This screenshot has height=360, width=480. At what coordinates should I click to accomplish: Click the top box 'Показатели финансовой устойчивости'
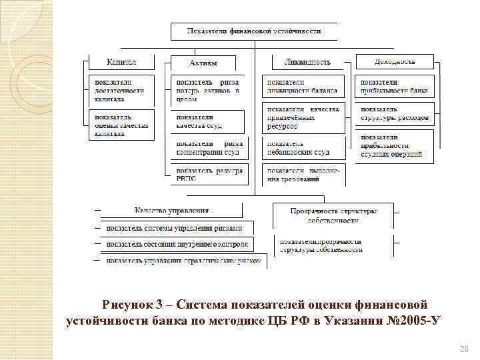[x=254, y=31]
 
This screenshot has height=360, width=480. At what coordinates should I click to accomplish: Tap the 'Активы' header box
[x=203, y=63]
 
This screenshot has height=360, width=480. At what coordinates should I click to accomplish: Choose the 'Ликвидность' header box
[x=307, y=62]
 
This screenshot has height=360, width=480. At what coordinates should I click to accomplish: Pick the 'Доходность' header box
[x=395, y=61]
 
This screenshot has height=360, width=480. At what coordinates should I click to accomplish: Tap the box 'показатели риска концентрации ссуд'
[x=209, y=147]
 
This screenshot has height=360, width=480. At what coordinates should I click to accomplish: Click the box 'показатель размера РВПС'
[x=209, y=175]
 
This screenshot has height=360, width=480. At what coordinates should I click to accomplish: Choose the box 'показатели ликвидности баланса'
[x=303, y=86]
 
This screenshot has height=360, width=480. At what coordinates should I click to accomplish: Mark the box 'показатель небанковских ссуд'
[x=303, y=147]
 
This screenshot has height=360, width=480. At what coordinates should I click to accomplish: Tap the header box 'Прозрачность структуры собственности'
[x=333, y=215]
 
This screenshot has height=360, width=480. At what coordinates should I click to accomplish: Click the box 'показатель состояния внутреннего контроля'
[x=180, y=243]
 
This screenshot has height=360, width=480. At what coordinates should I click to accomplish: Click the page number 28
[x=465, y=349]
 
